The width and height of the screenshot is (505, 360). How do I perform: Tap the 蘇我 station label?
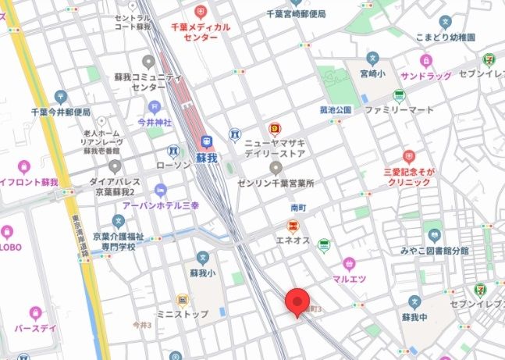pyautogui.click(x=206, y=159)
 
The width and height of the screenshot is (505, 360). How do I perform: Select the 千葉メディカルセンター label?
pyautogui.click(x=201, y=31)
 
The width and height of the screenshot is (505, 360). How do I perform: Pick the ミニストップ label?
pyautogui.click(x=181, y=314)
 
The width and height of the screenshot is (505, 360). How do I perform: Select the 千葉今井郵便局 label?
pyautogui.click(x=62, y=112)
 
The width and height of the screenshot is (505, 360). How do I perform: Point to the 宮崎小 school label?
pyautogui.click(x=373, y=74)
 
